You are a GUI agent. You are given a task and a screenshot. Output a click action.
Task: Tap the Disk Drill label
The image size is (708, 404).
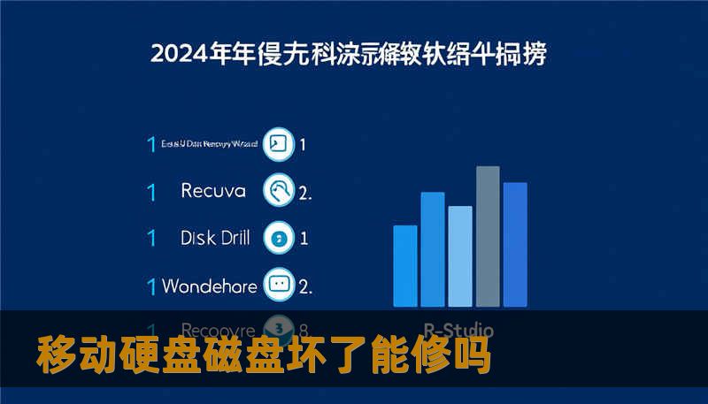[x=215, y=238]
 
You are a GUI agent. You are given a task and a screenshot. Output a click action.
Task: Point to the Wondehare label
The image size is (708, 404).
[x=210, y=286]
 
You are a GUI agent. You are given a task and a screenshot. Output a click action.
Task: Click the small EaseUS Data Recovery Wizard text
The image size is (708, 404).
[x=210, y=144]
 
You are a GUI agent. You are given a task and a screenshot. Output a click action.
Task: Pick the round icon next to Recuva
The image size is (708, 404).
[x=280, y=190]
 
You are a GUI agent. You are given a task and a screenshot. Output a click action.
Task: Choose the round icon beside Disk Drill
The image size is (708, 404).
[x=280, y=238]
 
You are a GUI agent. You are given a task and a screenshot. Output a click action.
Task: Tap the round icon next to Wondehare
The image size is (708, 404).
[x=280, y=286]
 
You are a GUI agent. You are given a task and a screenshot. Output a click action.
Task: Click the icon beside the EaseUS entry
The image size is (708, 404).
[x=280, y=144]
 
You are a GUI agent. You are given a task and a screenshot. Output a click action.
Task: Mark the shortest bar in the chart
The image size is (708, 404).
[x=404, y=266]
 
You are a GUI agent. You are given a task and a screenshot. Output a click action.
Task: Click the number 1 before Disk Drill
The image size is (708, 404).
[x=151, y=238]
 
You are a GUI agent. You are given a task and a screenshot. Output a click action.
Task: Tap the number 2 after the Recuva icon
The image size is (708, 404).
[x=304, y=192]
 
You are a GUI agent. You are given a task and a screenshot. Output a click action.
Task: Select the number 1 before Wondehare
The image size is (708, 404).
[x=151, y=286]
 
